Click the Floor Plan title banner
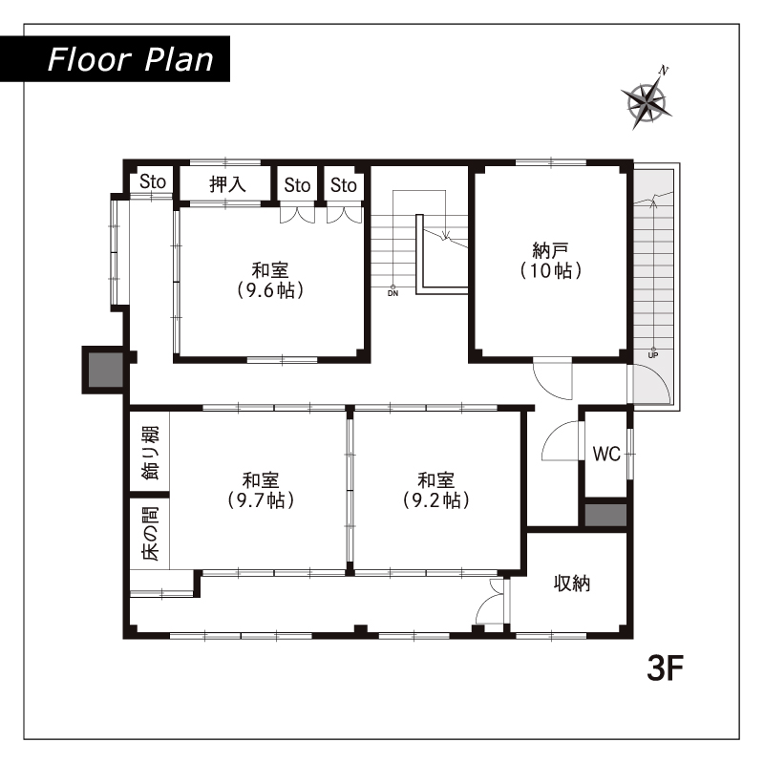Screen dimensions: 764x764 (115, 59)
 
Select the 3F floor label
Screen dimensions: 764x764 (665, 668)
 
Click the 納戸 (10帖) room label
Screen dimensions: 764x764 (551, 261)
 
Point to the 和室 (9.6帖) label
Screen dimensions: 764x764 (270, 280)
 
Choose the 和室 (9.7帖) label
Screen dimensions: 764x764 (261, 490)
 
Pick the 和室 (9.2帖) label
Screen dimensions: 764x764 (436, 490)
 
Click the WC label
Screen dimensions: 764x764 (606, 455)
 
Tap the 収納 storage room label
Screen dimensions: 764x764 (571, 584)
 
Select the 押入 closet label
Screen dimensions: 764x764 (227, 184)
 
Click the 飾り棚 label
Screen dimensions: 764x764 (150, 453)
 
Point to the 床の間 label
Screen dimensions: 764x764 (150, 534)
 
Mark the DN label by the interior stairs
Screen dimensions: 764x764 (393, 293)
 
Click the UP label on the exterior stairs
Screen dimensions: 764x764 (653, 355)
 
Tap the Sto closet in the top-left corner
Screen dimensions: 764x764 (153, 181)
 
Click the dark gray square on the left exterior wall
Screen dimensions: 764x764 (105, 370)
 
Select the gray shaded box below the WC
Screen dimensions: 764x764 (605, 515)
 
